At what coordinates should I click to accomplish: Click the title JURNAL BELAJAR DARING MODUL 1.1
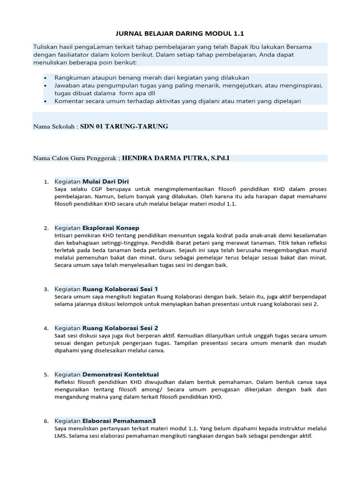[x=180, y=34]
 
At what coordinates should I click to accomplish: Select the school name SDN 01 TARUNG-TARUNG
[x=124, y=126]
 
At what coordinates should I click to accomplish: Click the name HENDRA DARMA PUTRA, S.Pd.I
[x=176, y=158]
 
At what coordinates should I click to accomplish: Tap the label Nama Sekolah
[x=54, y=127]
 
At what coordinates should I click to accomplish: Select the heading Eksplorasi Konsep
[x=111, y=228]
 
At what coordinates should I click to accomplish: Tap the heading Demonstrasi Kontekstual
[x=120, y=374]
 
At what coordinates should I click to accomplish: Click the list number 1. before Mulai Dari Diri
[x=46, y=181]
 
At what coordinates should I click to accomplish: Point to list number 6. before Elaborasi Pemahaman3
[x=46, y=421]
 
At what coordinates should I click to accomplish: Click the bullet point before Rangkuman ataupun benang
[x=45, y=77]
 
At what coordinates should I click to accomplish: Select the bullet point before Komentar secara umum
[x=45, y=101]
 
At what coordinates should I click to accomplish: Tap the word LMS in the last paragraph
[x=60, y=435]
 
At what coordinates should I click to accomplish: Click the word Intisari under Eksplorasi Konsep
[x=66, y=235]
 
